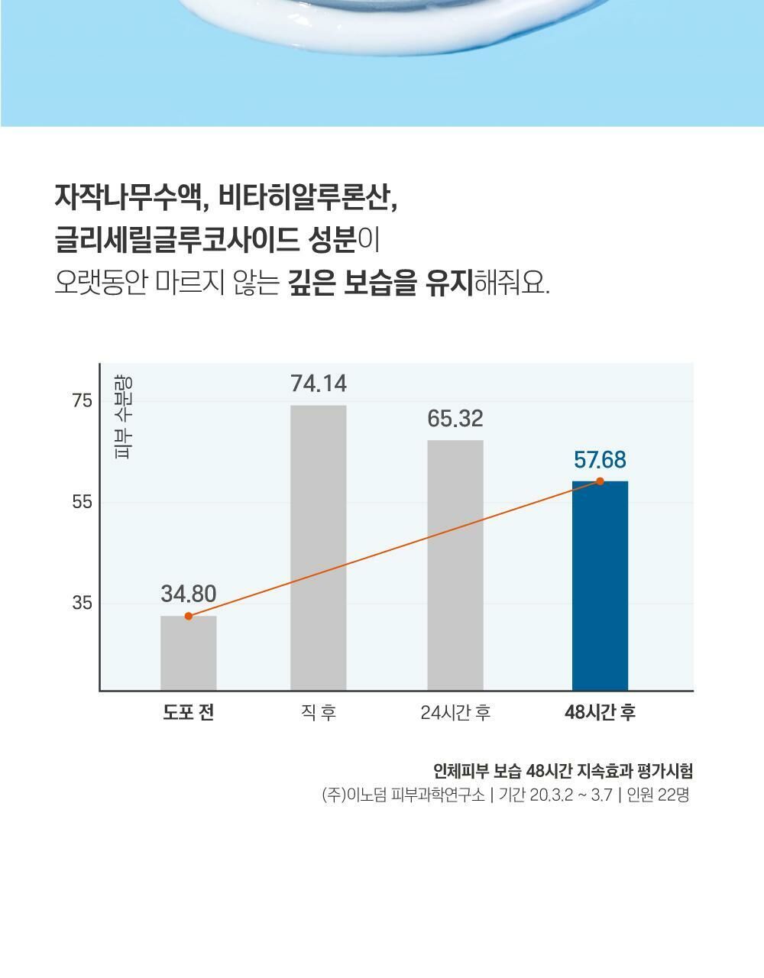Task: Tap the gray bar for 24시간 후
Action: (455, 565)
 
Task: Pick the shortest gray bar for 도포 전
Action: (188, 653)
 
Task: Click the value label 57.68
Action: (600, 460)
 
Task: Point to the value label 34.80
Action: (188, 594)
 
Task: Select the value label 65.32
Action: (455, 419)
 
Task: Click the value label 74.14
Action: (318, 384)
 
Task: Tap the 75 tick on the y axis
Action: (82, 402)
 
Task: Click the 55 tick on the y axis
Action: (82, 503)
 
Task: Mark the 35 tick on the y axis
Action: (82, 604)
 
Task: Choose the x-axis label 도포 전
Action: (188, 713)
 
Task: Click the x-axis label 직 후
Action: (318, 713)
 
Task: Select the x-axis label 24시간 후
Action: (455, 713)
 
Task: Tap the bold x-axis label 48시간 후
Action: (600, 713)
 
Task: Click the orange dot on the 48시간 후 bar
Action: (600, 481)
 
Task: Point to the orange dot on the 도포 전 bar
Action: (189, 617)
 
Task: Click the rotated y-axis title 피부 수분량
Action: (122, 417)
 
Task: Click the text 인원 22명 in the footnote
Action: (658, 795)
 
